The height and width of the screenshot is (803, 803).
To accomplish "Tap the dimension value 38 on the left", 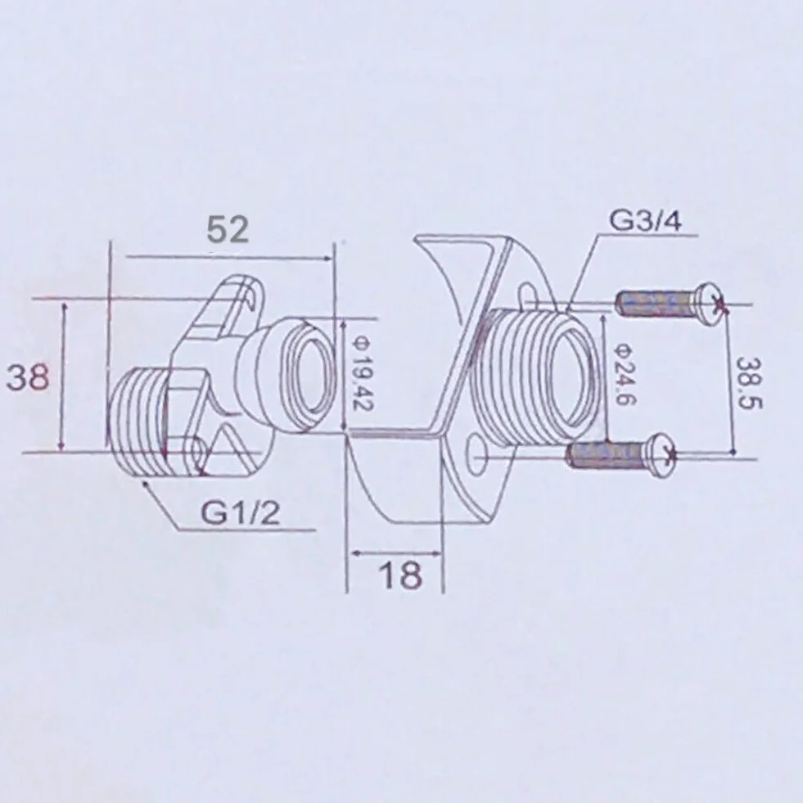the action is (x=28, y=377).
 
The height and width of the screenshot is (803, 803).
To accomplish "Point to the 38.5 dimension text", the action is (x=749, y=383).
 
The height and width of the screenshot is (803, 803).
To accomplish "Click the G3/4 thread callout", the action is (x=645, y=222).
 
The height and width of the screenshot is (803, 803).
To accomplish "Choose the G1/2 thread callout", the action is (x=241, y=512).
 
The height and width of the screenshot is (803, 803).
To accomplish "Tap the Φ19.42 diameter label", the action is (x=362, y=376).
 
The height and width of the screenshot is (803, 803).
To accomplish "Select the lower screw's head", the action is (x=661, y=455).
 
